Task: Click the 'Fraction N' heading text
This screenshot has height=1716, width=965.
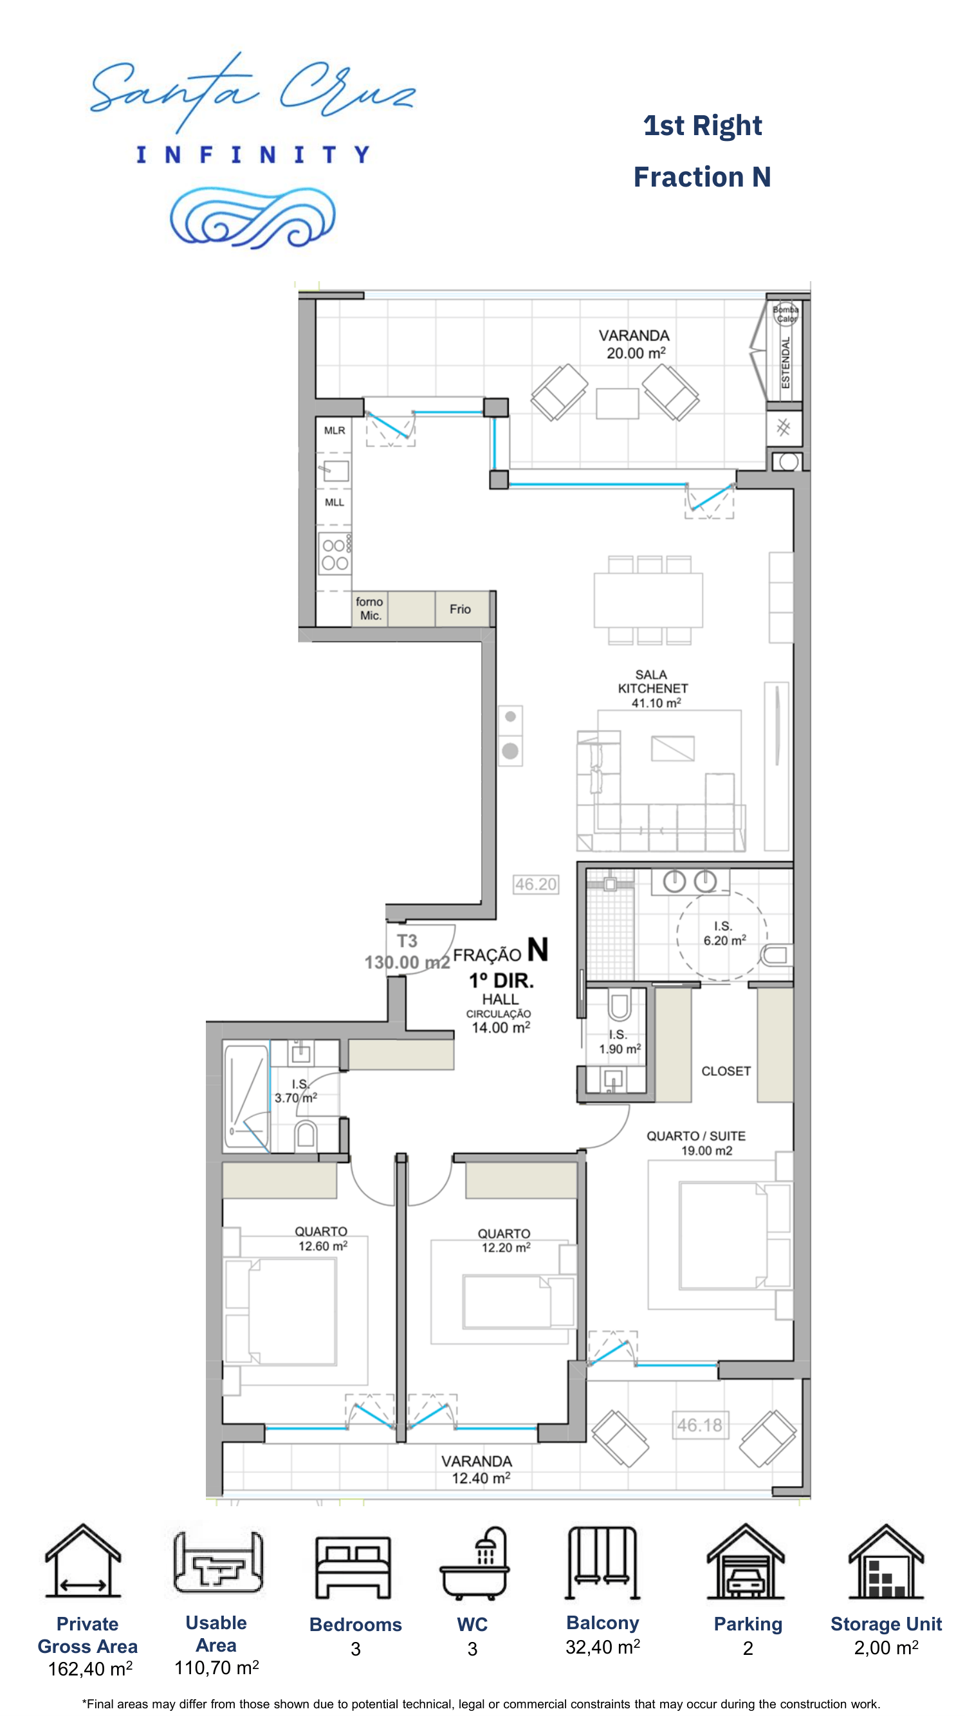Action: tap(702, 177)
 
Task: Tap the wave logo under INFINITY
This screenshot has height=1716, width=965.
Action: tap(252, 217)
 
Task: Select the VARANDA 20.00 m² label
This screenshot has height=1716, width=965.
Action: tap(634, 344)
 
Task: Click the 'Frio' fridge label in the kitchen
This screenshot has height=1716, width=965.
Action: tap(459, 609)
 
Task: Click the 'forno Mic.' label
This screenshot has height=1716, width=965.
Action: tap(370, 608)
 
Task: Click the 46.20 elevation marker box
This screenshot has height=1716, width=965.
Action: tap(535, 884)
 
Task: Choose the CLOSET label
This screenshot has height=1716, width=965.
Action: tap(726, 1071)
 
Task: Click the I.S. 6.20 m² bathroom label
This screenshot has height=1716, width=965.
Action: tap(724, 933)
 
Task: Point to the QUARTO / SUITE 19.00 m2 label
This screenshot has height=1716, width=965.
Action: tap(696, 1143)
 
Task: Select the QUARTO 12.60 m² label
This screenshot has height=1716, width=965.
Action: tap(322, 1239)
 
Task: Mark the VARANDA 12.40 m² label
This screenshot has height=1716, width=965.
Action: tap(477, 1470)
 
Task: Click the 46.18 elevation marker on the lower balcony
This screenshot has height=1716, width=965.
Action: tap(700, 1425)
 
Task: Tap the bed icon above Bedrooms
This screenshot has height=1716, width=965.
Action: tap(354, 1567)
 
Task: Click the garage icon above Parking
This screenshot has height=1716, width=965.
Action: tap(746, 1561)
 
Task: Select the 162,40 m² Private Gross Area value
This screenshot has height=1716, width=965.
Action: tap(90, 1670)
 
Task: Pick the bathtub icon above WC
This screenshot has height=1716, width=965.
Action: tap(474, 1564)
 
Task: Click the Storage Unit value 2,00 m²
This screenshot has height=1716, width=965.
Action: tap(886, 1648)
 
